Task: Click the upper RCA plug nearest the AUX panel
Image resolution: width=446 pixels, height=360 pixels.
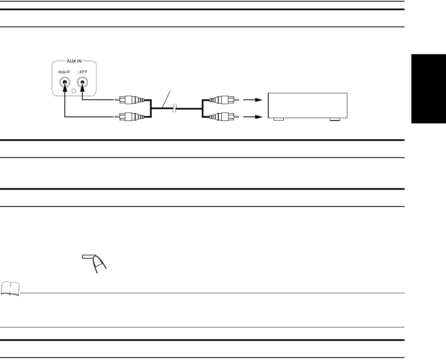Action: point(131,99)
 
